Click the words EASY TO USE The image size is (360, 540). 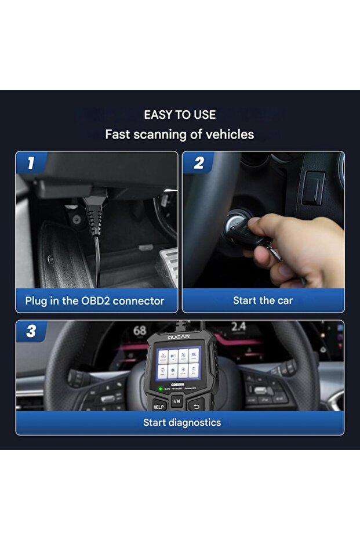[x=180, y=115]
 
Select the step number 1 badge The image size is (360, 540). [x=30, y=163]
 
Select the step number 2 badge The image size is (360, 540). [x=198, y=163]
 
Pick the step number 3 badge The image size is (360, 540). [x=31, y=332]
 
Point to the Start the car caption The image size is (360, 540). [x=263, y=300]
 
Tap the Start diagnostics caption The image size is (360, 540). [x=182, y=422]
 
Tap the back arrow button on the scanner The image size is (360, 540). [x=197, y=405]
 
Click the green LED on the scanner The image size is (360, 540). [x=160, y=388]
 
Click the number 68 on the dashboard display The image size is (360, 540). [x=140, y=331]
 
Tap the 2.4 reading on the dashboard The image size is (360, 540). [x=238, y=327]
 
